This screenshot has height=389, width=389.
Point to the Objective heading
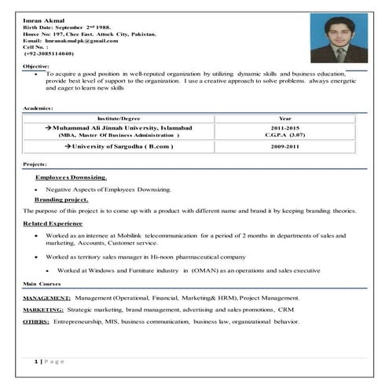click(37, 66)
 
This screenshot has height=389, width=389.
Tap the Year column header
click(285, 117)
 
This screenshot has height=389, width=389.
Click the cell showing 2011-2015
click(285, 127)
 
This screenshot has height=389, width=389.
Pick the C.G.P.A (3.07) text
click(285, 135)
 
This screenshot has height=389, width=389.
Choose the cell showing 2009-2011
click(285, 147)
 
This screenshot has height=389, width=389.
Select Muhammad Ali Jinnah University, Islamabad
click(118, 127)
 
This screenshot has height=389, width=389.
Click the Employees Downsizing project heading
click(71, 178)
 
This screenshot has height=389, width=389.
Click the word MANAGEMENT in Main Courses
click(47, 299)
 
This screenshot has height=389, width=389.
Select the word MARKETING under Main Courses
click(44, 310)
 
